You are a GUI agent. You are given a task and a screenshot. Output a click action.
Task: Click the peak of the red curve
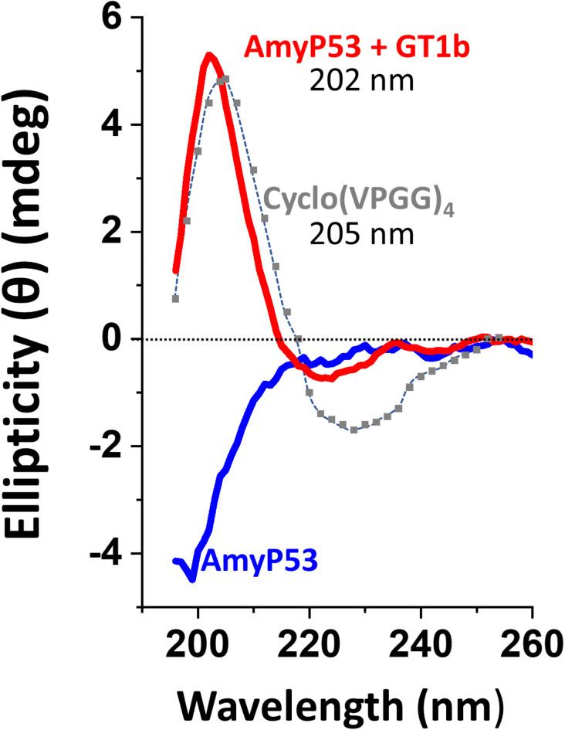(x=209, y=55)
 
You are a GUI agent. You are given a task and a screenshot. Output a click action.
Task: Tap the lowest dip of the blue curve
(x=191, y=578)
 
